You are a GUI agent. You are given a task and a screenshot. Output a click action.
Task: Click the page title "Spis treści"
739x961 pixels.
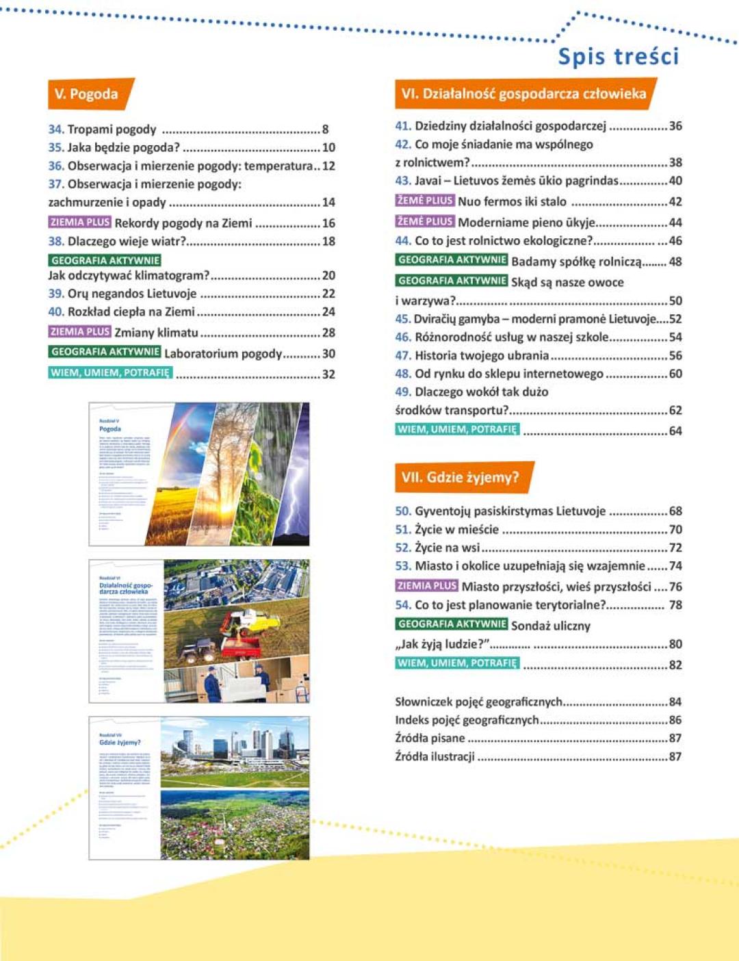point(618,56)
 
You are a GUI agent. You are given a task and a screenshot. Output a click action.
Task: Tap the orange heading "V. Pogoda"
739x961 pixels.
point(86,94)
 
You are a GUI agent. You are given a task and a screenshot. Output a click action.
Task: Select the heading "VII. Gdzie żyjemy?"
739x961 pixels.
point(460,477)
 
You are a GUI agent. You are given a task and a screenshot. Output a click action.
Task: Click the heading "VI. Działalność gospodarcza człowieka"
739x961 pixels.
point(523,94)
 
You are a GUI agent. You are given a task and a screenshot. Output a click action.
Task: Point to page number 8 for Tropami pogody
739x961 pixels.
point(326,129)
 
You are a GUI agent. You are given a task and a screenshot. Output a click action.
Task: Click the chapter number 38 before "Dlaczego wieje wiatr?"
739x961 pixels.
point(55,241)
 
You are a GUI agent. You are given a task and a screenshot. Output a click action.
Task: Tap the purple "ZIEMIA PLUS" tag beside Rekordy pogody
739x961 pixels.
point(80,222)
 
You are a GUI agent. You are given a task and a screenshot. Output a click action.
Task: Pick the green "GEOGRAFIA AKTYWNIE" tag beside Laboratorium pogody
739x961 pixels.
point(105,352)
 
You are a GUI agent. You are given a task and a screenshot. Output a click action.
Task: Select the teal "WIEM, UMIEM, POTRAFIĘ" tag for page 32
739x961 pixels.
point(109,373)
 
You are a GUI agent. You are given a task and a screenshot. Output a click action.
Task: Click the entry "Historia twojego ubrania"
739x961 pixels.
point(482,355)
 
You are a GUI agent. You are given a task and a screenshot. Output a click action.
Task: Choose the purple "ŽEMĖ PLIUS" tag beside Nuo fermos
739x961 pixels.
point(425,201)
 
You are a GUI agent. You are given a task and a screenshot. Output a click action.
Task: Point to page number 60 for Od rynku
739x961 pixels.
point(675,374)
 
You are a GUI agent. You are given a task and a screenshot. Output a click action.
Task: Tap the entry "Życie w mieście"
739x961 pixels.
point(456,529)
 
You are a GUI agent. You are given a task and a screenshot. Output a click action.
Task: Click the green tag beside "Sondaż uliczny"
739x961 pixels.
point(452,624)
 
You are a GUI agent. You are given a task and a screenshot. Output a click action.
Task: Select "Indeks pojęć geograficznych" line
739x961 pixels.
point(467,720)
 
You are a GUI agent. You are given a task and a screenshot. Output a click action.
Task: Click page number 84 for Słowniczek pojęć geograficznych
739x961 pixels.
point(675,702)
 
